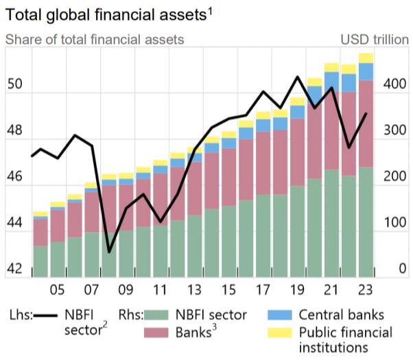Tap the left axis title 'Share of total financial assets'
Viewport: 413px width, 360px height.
click(95, 39)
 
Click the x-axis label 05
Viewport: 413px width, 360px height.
click(58, 289)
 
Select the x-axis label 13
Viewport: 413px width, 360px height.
click(194, 289)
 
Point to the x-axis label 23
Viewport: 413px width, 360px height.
click(366, 289)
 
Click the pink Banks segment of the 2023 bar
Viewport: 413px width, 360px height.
click(366, 123)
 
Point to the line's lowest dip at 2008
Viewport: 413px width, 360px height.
click(109, 252)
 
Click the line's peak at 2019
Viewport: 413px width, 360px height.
click(297, 77)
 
